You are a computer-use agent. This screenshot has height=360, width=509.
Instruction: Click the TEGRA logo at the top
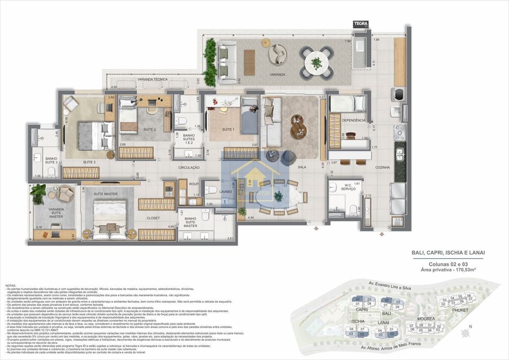(360, 23)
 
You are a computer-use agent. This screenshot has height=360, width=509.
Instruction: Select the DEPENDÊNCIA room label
(353, 120)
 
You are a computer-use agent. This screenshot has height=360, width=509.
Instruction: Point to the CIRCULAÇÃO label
(188, 168)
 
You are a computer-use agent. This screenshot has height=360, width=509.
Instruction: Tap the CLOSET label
(153, 218)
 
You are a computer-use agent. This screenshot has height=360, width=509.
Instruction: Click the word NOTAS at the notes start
(11, 285)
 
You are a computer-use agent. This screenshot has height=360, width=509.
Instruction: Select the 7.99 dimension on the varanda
(348, 41)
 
